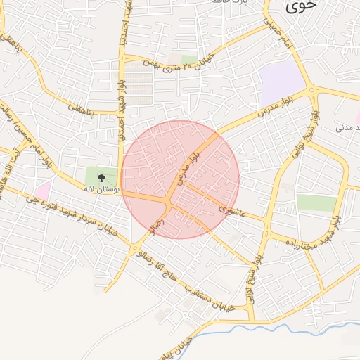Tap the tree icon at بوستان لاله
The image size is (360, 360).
102,177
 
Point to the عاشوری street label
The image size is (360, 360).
231,209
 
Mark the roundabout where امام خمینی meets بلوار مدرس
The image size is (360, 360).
311,89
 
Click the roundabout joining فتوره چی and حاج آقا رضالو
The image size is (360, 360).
134,247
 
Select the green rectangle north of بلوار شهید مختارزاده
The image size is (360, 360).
316,202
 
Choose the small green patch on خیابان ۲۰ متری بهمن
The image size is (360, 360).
189,59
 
